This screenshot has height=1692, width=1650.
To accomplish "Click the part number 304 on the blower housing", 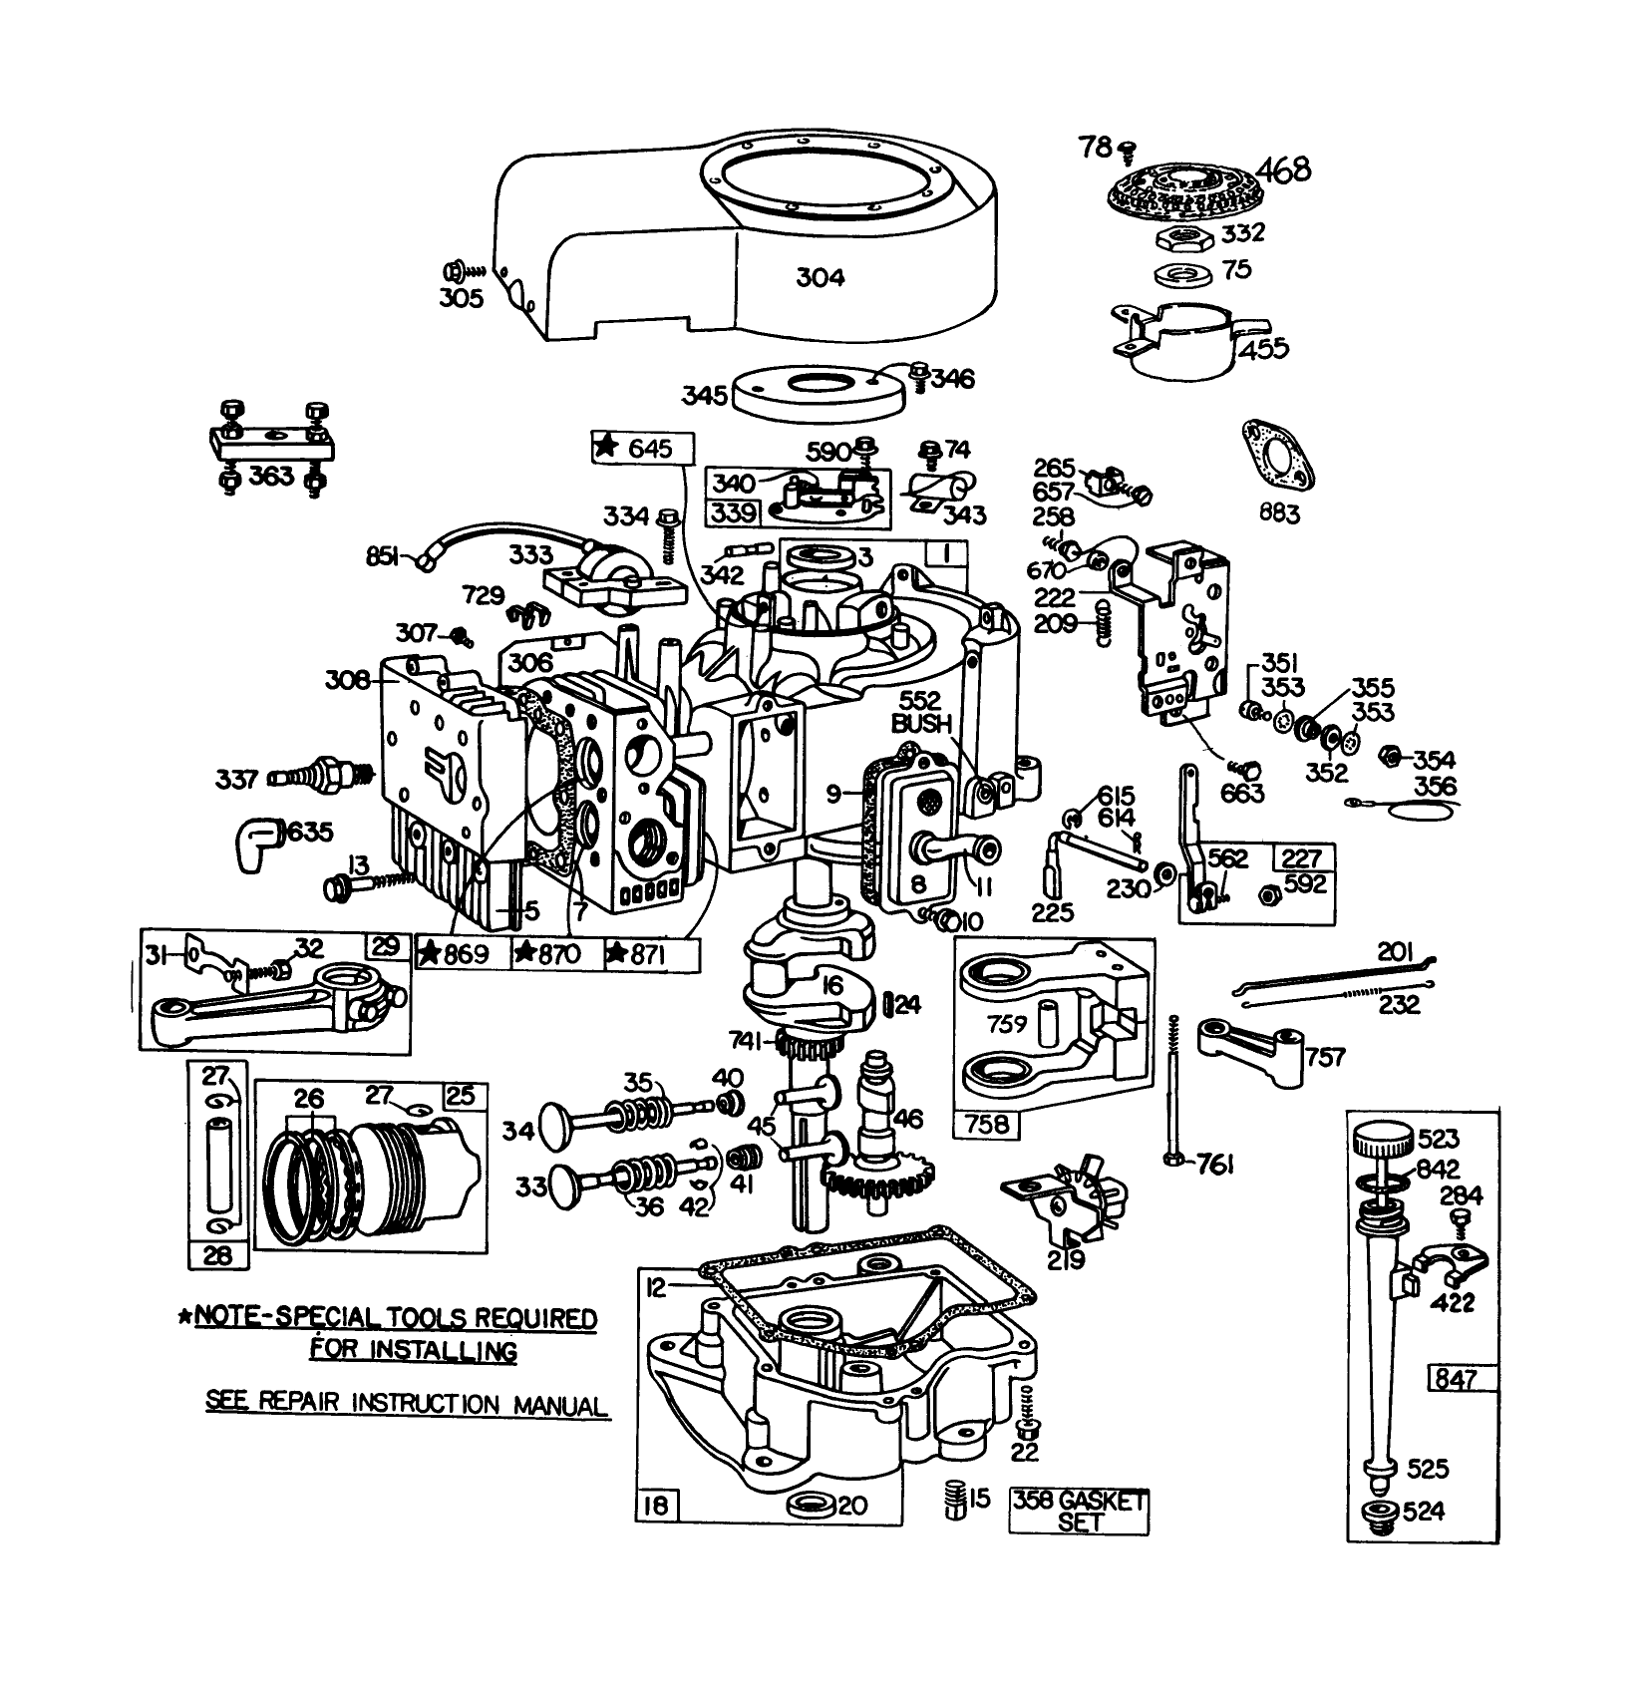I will pyautogui.click(x=820, y=277).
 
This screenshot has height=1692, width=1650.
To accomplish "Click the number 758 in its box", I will pyautogui.click(x=986, y=1125).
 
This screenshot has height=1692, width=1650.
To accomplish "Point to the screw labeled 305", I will pyautogui.click(x=455, y=270).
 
